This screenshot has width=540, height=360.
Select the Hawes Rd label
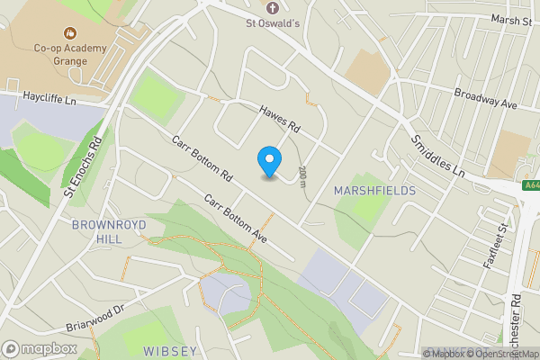(281, 119)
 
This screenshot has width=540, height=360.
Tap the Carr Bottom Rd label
(203, 160)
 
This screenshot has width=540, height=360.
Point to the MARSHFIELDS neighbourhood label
(374, 191)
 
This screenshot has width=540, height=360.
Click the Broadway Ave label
(486, 98)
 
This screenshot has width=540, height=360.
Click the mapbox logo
(40, 347)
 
